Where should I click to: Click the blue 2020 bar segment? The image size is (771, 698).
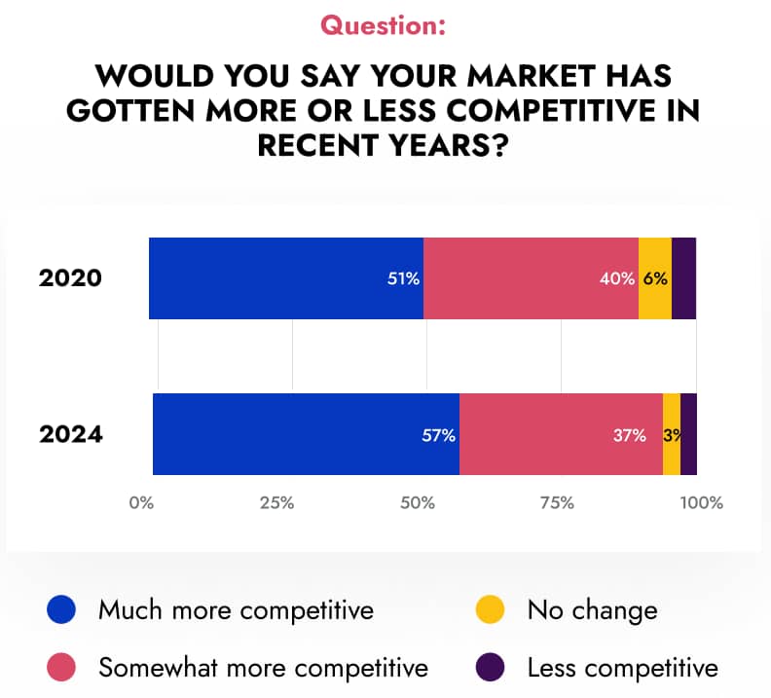click(x=285, y=278)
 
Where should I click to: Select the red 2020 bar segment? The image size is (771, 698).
click(x=531, y=278)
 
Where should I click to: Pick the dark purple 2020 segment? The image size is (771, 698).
click(x=683, y=278)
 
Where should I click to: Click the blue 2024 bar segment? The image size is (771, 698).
click(x=306, y=434)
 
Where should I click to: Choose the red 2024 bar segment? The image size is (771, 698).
click(x=561, y=434)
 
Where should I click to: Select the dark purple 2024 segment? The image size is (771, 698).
click(x=688, y=434)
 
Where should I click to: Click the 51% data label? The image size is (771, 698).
click(x=403, y=278)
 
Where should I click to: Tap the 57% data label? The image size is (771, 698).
click(x=439, y=435)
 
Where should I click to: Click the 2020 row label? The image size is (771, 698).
click(x=70, y=278)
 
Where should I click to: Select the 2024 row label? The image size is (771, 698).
click(x=70, y=434)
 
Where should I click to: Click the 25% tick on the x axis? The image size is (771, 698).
click(x=277, y=503)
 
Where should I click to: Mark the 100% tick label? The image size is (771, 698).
click(x=701, y=503)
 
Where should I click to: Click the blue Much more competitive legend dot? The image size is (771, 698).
click(x=60, y=610)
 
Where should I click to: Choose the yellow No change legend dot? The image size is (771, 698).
click(x=490, y=610)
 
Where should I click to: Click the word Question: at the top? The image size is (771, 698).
click(x=384, y=26)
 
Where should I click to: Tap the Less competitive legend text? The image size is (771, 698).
click(x=622, y=669)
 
